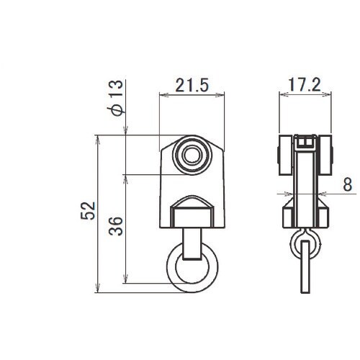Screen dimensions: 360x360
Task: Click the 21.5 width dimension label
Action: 192,85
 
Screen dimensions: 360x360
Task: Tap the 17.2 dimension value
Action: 305,85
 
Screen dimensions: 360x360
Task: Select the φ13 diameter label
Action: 115,98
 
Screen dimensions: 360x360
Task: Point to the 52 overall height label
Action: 88,211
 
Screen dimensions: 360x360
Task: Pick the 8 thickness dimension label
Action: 347,184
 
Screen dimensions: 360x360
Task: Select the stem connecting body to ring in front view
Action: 192,244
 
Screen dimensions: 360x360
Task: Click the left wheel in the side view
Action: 285,155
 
